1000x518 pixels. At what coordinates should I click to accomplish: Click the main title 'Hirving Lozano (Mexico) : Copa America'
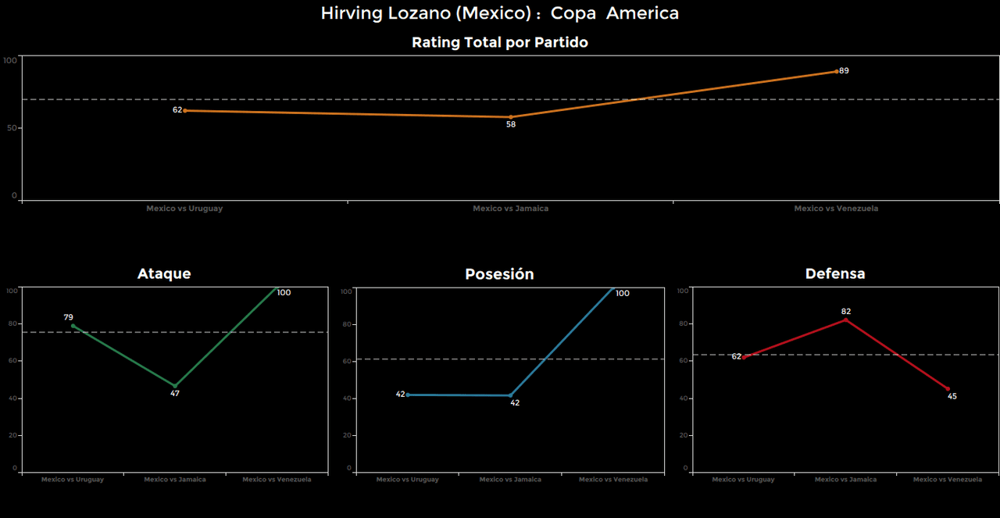tap(500, 13)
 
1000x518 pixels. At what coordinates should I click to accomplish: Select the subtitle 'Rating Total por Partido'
tap(500, 43)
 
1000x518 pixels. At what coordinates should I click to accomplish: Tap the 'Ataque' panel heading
tap(164, 274)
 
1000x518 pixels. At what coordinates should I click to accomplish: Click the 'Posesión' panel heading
tap(499, 274)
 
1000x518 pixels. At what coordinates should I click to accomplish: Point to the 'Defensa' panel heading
tap(835, 274)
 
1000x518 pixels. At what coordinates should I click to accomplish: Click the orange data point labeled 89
tap(837, 71)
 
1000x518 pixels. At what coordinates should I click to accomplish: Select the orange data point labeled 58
tap(511, 117)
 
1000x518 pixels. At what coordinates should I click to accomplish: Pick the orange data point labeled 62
tap(185, 110)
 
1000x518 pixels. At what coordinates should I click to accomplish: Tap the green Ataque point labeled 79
tap(73, 326)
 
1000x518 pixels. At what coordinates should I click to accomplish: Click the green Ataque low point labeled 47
tap(175, 386)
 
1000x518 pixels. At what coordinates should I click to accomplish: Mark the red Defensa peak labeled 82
tap(846, 319)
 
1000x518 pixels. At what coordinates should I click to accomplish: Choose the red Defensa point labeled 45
tap(948, 389)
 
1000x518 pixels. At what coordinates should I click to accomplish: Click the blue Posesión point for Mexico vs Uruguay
tap(408, 395)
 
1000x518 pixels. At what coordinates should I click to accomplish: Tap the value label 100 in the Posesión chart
tap(622, 294)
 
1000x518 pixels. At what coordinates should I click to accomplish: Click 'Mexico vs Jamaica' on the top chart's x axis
tap(510, 209)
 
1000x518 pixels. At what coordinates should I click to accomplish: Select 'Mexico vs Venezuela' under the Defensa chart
tap(948, 480)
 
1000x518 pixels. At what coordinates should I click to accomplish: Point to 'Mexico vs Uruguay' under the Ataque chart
tap(73, 480)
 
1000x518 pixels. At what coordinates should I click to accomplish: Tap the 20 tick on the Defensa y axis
tap(685, 435)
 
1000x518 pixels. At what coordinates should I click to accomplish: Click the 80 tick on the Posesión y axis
tap(348, 324)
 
